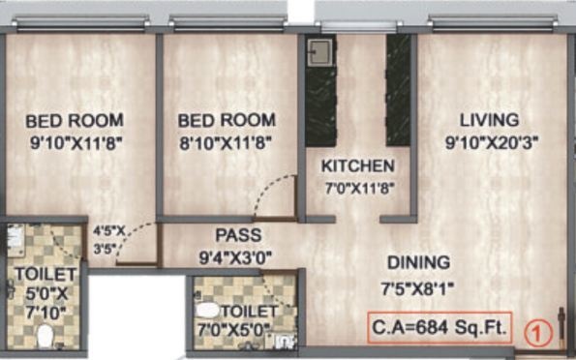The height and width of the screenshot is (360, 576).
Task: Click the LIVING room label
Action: click(489, 120)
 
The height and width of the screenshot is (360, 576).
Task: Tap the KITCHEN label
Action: click(358, 165)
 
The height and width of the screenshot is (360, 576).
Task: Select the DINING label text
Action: click(418, 262)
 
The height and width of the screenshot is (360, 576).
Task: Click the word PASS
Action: click(238, 235)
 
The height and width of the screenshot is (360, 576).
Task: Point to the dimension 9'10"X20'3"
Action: click(491, 141)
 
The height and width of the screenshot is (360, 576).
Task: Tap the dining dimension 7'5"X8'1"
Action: click(419, 285)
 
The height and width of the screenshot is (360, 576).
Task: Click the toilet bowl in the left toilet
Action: click(44, 336)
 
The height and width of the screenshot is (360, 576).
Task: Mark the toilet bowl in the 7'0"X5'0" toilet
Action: click(206, 312)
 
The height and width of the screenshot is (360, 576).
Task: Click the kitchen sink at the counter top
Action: click(318, 52)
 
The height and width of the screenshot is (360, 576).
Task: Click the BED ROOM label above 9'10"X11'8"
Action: click(75, 121)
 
